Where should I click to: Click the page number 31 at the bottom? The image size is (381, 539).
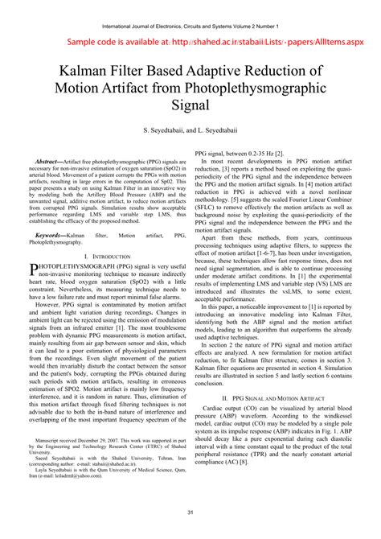[x=190, y=512]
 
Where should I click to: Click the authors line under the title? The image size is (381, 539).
[x=190, y=131]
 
